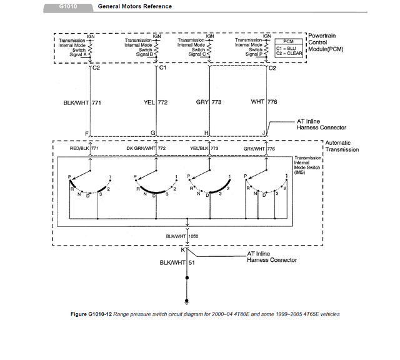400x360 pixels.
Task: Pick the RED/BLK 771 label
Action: (x=83, y=149)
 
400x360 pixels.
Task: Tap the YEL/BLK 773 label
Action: (x=206, y=149)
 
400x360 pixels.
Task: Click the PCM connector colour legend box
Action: (x=289, y=48)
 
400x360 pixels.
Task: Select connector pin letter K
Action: (x=182, y=249)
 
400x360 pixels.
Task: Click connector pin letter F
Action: (x=86, y=133)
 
